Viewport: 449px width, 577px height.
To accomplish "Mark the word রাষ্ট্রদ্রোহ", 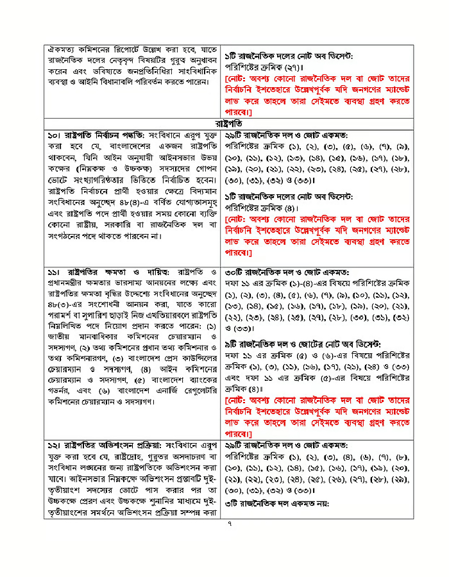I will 145,455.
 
